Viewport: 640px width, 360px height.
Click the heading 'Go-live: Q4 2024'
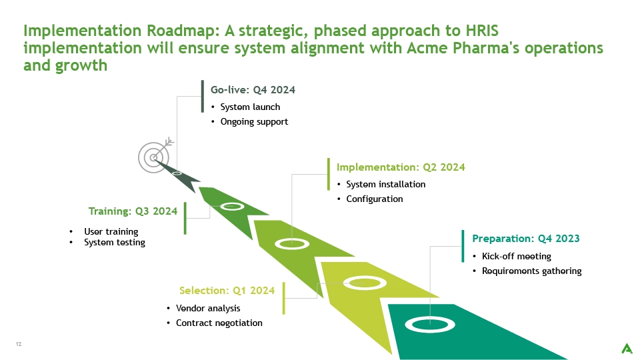[x=253, y=90]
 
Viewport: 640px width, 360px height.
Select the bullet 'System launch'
[x=250, y=107]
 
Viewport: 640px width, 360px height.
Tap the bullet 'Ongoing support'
[x=254, y=121]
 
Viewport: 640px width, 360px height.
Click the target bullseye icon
[x=156, y=155]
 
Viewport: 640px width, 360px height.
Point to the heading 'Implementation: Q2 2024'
[x=401, y=167]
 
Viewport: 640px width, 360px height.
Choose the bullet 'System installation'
[x=386, y=185]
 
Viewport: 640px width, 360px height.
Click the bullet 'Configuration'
[x=375, y=199]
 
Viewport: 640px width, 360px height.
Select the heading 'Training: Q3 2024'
[x=133, y=211]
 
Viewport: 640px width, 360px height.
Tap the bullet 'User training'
[x=111, y=231]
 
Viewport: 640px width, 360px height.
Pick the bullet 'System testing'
[x=115, y=243]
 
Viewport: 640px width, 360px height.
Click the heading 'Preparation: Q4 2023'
[x=526, y=239]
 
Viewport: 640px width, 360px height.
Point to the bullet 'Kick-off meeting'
[x=516, y=256]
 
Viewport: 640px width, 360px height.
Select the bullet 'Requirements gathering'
[x=532, y=271]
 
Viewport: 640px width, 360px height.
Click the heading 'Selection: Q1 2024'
[x=227, y=290]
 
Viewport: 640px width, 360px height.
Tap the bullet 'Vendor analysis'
[x=208, y=308]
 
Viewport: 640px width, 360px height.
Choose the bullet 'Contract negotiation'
[x=219, y=323]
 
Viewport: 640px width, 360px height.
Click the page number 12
[x=19, y=344]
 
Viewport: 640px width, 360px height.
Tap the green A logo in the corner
[x=627, y=349]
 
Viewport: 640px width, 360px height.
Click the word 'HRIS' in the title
[x=482, y=31]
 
